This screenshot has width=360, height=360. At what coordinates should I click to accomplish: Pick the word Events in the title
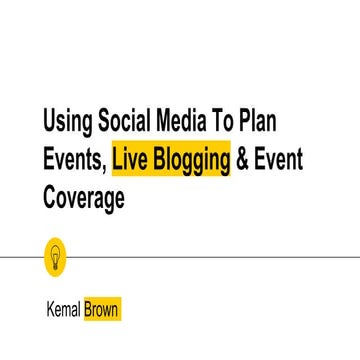pos(73,160)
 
